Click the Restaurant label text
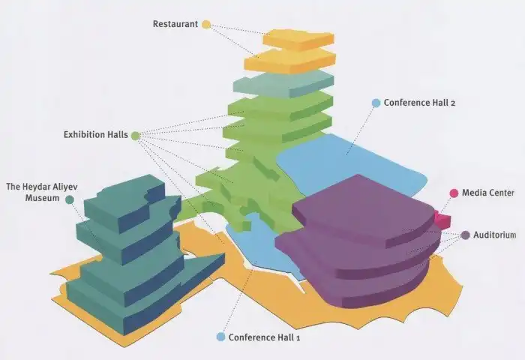click(x=175, y=24)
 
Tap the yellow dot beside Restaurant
click(x=206, y=25)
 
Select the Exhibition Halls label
click(x=96, y=134)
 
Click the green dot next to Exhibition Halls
click(x=135, y=136)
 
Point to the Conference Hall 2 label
click(x=419, y=103)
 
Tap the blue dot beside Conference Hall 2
click(x=376, y=103)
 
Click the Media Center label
click(x=487, y=193)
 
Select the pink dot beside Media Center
click(x=454, y=193)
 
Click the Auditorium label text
click(x=494, y=235)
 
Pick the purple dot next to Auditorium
click(x=466, y=235)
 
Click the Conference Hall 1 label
click(x=264, y=337)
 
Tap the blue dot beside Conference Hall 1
click(x=220, y=337)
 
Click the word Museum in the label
click(x=43, y=198)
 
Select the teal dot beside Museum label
click(x=70, y=199)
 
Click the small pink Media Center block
click(x=442, y=220)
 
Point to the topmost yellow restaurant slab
click(x=298, y=40)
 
